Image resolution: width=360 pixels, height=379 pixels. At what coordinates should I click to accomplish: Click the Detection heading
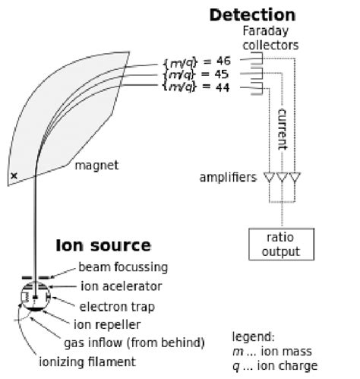pyautogui.click(x=251, y=14)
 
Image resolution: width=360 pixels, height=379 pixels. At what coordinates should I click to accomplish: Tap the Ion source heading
pyautogui.click(x=103, y=245)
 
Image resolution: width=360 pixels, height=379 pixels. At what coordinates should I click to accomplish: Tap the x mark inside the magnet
pyautogui.click(x=14, y=176)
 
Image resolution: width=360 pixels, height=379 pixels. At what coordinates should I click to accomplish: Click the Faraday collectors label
pyautogui.click(x=270, y=38)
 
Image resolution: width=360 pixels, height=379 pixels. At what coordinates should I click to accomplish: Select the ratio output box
pyautogui.click(x=276, y=245)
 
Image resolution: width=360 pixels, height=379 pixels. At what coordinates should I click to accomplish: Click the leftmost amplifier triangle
pyautogui.click(x=267, y=178)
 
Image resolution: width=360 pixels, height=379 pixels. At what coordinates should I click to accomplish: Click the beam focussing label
pyautogui.click(x=122, y=267)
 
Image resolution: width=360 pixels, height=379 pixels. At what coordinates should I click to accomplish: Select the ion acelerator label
pyautogui.click(x=121, y=286)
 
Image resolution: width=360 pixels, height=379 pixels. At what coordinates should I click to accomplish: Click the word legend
pyautogui.click(x=252, y=336)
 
